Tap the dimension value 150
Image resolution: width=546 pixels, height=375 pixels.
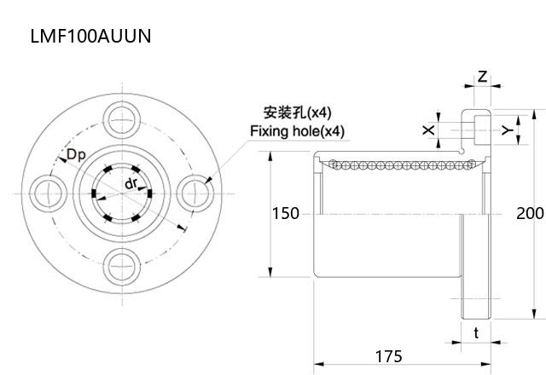pos(286,213)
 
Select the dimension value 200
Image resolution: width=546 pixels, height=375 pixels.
pos(530,213)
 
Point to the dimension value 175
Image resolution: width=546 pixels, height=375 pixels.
pos(387,355)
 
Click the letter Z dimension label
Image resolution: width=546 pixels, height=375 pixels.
pos(482,77)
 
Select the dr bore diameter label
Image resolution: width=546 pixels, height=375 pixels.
pos(131,184)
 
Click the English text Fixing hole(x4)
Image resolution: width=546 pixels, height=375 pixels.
pos(297,131)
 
